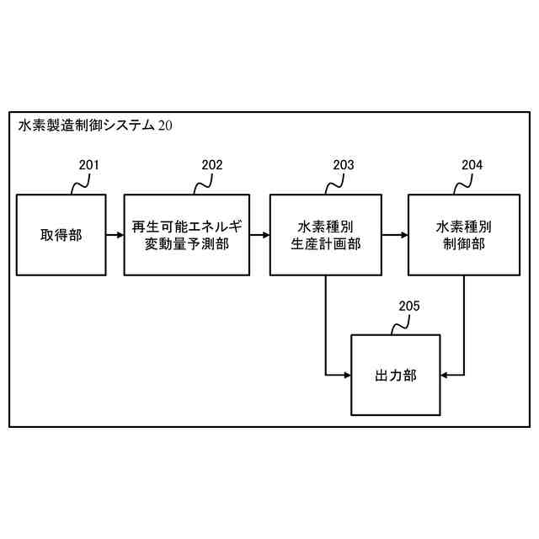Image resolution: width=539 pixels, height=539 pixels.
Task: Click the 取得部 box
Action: (61, 234)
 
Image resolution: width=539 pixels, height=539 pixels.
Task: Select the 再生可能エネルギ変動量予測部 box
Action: (186, 234)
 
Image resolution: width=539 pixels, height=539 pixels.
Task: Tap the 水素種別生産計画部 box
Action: (325, 234)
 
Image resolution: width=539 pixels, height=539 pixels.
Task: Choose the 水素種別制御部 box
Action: (464, 234)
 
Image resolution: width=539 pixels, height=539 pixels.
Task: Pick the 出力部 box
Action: (395, 375)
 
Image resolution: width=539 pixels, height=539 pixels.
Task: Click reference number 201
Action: (88, 165)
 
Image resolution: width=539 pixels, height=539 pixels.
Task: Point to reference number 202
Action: (212, 165)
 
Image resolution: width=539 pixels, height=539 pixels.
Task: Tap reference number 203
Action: (344, 165)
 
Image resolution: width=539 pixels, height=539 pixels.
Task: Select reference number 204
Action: (472, 165)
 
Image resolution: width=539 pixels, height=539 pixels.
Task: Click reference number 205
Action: (409, 306)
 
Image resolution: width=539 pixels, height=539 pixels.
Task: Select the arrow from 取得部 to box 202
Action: (115, 234)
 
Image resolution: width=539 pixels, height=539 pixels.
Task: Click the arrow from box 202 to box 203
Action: (259, 234)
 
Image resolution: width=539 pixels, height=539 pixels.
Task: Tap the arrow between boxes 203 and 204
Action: (394, 234)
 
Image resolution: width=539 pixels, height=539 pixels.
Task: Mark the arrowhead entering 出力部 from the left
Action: (345, 374)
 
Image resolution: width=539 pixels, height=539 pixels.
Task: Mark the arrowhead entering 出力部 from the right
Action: (445, 374)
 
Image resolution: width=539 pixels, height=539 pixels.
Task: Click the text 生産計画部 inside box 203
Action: (325, 243)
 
